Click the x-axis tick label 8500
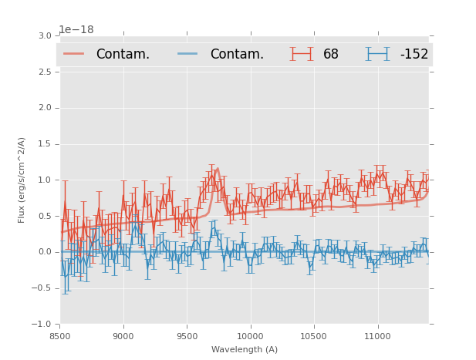tap(60, 335)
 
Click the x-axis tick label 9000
tap(123, 335)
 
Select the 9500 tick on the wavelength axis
tap(187, 335)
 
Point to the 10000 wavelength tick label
tap(250, 335)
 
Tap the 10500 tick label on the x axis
tap(313, 335)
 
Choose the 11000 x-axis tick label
tap(376, 335)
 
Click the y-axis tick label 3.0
tap(45, 36)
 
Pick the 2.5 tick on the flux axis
tap(45, 72)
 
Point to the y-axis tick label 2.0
tap(45, 108)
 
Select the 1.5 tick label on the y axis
tap(45, 144)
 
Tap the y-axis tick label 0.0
tap(45, 252)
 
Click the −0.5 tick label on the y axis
tap(42, 288)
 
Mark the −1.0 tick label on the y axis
tap(42, 325)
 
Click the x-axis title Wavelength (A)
tap(245, 350)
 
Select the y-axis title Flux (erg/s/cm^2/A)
tap(22, 180)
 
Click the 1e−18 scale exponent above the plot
tap(76, 29)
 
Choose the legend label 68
tap(331, 54)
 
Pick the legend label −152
tap(414, 54)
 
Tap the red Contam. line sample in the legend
tap(74, 54)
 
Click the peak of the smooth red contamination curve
tap(218, 168)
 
